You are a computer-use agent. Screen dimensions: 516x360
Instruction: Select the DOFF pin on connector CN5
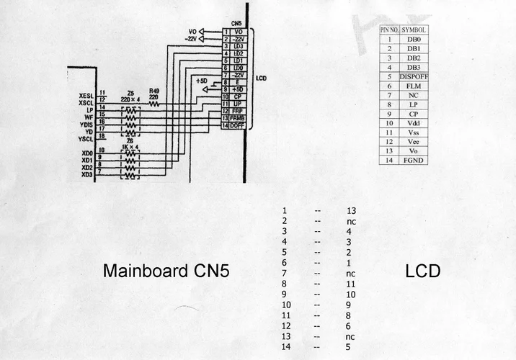(x=236, y=126)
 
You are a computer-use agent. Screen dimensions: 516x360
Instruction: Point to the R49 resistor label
(x=154, y=91)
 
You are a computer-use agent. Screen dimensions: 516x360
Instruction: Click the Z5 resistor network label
(x=130, y=93)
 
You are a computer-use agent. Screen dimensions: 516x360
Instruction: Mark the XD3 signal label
(x=86, y=175)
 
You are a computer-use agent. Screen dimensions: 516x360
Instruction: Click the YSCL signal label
(x=86, y=139)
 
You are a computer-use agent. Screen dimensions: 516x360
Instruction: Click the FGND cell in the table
(x=414, y=161)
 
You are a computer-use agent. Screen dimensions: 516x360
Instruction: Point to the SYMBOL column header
(x=414, y=30)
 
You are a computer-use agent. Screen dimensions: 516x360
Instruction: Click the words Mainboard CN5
(x=170, y=271)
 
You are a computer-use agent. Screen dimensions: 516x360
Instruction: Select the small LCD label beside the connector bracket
(x=262, y=77)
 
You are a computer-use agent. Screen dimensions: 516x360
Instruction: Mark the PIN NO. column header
(x=389, y=30)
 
